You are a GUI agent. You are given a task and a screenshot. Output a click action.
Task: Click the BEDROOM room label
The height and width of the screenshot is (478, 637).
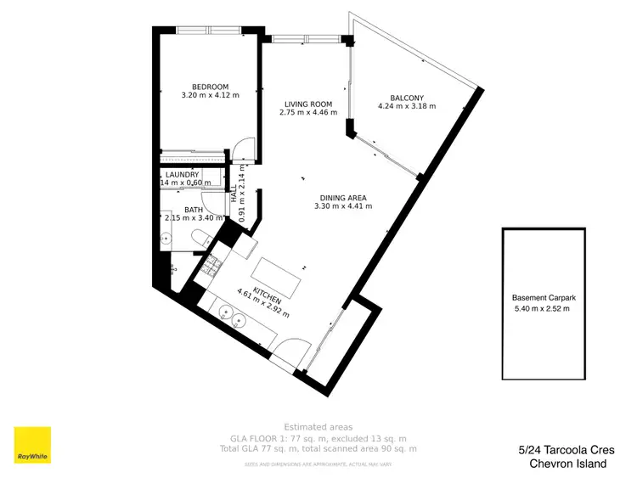pos(210,87)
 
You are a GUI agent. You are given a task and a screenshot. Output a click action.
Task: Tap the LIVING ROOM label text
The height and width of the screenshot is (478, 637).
pos(307,104)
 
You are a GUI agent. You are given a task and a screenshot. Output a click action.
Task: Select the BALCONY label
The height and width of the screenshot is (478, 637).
pos(406,98)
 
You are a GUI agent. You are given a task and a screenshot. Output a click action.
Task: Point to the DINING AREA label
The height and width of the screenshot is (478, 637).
pos(342,197)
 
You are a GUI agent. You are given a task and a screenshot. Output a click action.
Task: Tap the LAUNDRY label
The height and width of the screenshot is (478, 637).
pos(183,175)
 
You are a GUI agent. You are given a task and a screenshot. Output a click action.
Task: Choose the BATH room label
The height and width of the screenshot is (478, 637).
pos(194,210)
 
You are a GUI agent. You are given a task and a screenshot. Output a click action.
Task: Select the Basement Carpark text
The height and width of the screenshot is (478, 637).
pos(543,298)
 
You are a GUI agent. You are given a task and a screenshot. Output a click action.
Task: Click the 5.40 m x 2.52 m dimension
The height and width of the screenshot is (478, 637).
pos(543,309)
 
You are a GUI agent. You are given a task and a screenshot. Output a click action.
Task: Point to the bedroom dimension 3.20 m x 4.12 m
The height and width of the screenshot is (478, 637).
pos(210,96)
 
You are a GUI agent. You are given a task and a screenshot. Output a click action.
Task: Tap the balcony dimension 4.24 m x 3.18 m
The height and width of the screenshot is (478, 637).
pos(406,107)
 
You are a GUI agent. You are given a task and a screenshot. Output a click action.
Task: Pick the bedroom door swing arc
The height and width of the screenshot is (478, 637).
pos(245,148)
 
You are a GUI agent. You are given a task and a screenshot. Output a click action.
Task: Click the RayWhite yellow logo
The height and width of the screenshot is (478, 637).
pos(31,446)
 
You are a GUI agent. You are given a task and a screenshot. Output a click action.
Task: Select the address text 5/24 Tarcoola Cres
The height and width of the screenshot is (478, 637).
pos(567,450)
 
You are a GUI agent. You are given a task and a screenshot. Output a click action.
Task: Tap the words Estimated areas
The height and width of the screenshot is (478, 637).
pos(318,427)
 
